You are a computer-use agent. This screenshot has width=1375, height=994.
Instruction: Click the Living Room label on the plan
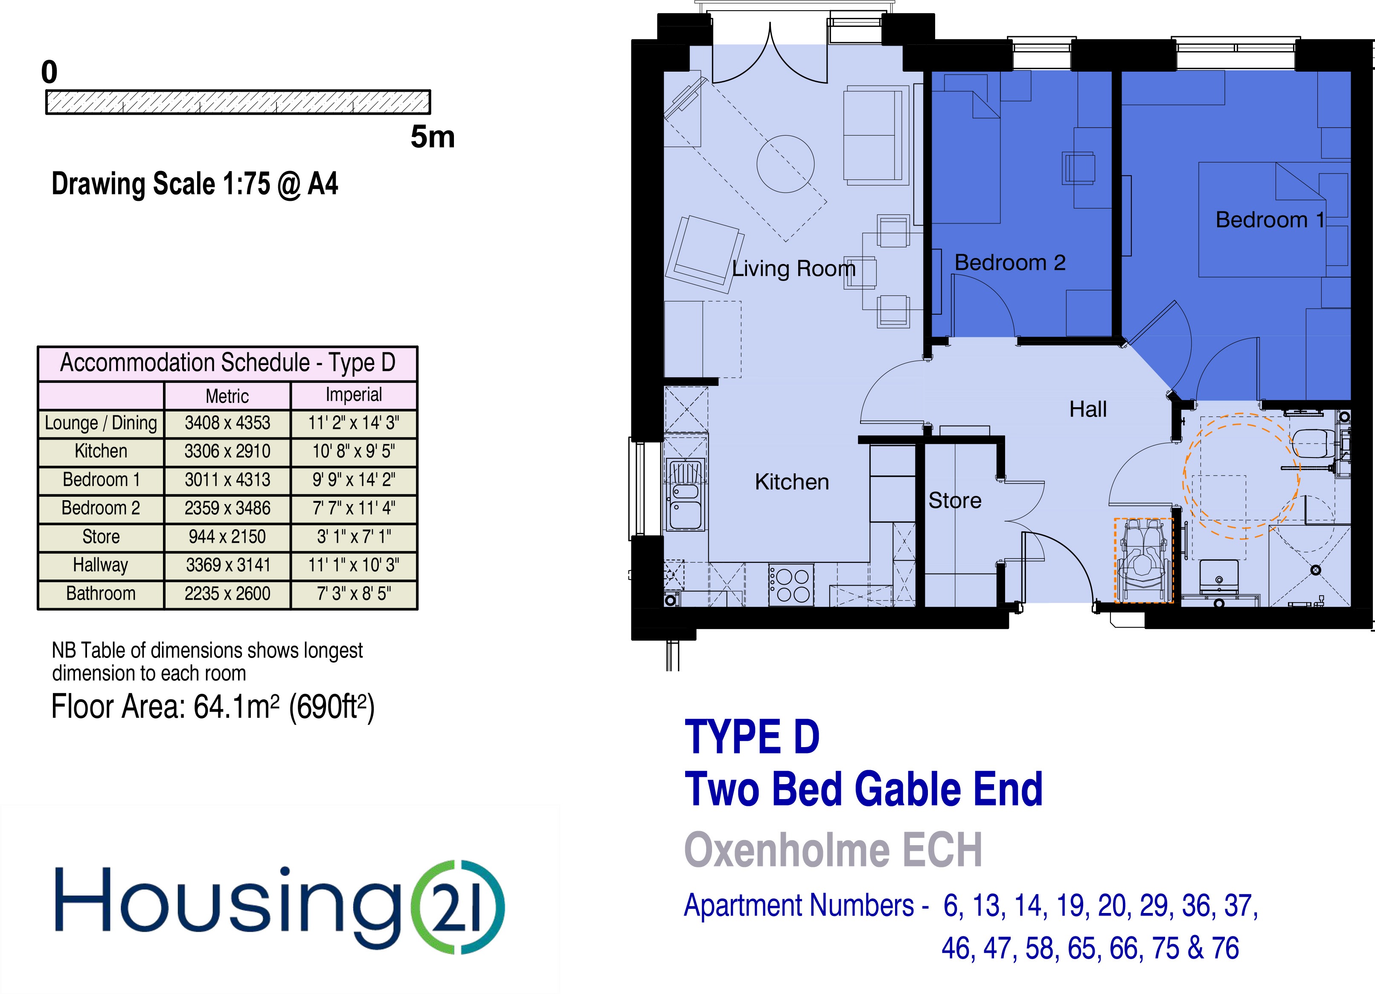[794, 269]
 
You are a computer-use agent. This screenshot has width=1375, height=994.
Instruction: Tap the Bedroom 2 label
[1010, 262]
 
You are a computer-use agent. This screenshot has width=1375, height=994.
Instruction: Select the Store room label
[955, 501]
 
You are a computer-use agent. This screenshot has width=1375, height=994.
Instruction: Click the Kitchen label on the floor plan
[792, 482]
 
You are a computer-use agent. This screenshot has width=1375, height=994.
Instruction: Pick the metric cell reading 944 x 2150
[227, 537]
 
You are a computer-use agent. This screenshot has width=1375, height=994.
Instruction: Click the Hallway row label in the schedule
[101, 565]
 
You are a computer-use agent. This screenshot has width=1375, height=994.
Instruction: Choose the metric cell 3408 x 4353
[227, 423]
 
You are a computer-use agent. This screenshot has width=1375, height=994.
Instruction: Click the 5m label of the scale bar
[432, 137]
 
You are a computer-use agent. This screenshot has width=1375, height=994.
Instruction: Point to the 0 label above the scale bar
[49, 73]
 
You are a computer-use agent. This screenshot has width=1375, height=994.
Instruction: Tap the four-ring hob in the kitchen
[791, 585]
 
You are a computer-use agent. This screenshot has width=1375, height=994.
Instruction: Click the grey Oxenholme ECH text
[833, 850]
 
